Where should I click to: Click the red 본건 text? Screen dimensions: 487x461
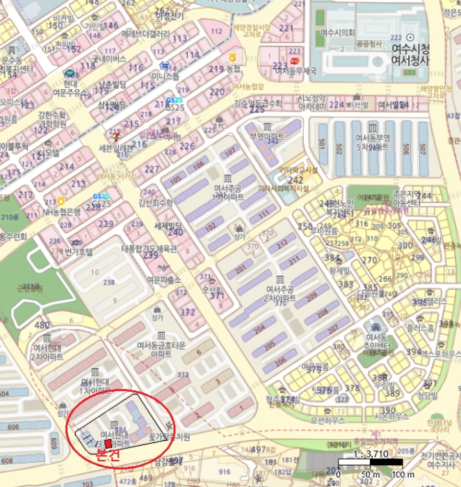tap(108, 456)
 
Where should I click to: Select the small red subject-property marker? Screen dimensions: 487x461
tap(106, 443)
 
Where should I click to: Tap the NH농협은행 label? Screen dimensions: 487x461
tap(62, 211)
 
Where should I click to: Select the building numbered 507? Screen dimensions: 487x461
tap(423, 149)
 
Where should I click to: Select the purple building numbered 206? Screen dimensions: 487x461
tap(280, 361)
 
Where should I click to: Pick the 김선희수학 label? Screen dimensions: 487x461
tap(155, 203)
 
